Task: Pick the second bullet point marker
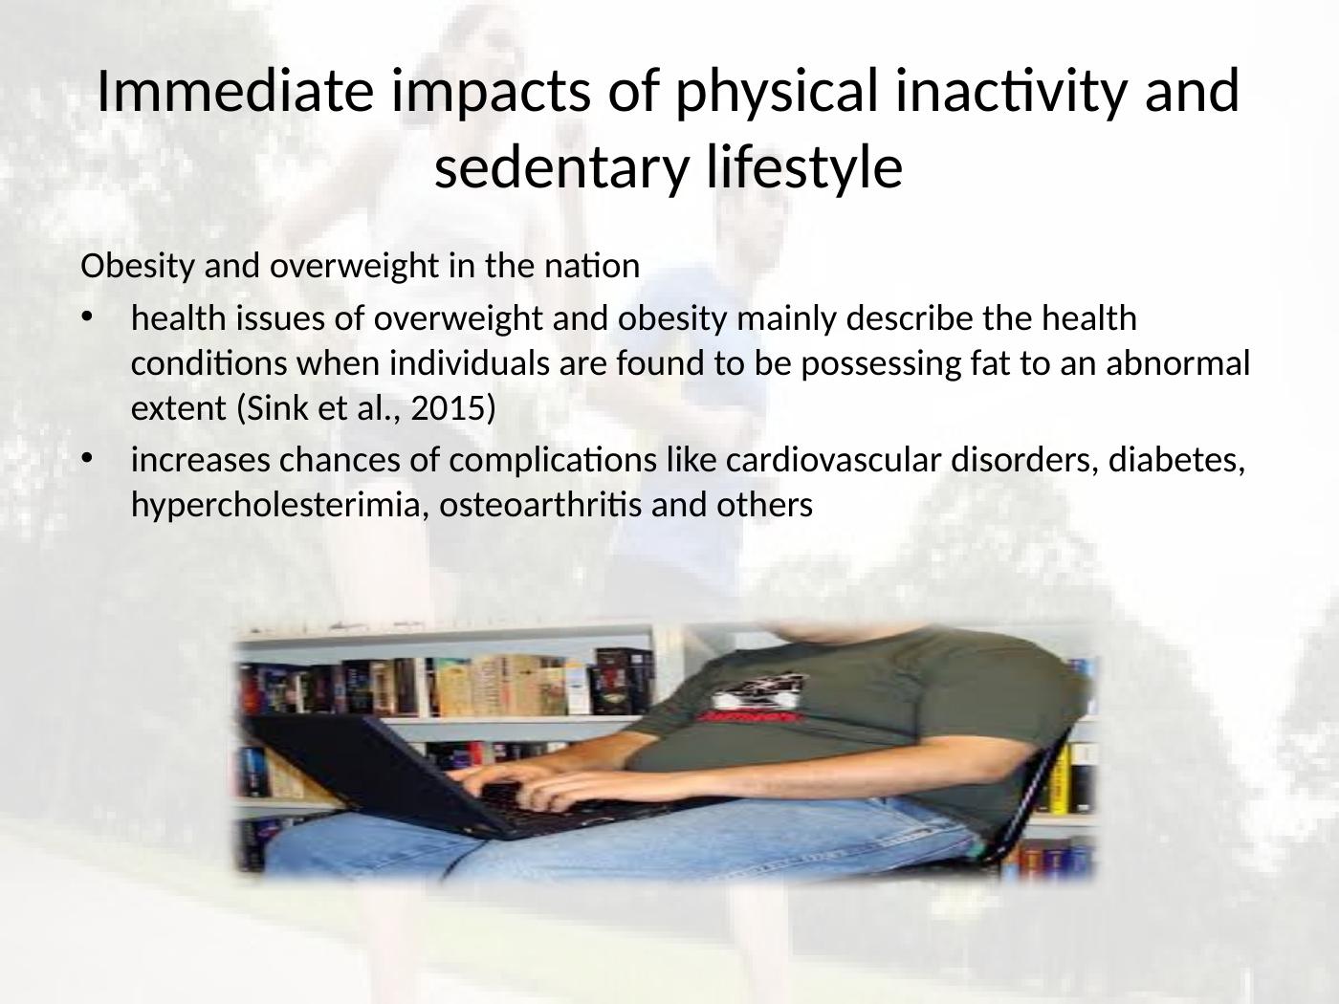tap(88, 461)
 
